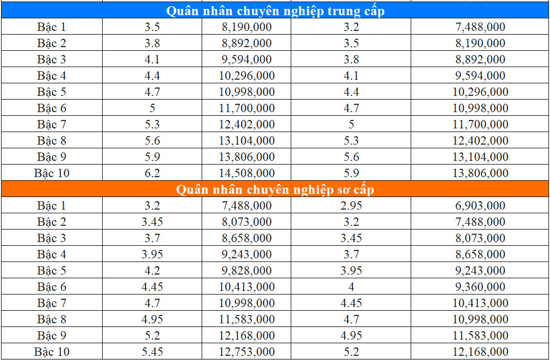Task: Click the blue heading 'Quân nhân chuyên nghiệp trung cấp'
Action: pos(275,11)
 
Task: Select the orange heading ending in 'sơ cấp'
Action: pos(275,190)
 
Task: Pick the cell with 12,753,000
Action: pos(247,352)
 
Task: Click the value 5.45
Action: pos(152,352)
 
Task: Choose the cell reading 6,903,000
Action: pos(480,206)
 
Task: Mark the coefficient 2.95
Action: pos(351,206)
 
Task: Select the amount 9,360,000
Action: pos(480,287)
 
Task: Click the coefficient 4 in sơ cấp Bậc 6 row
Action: pos(351,287)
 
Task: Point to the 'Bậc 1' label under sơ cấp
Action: pos(51,206)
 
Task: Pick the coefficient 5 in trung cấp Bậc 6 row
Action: pos(152,108)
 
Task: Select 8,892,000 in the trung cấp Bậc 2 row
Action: pos(247,43)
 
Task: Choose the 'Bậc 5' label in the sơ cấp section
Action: pos(51,271)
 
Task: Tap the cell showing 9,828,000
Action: pos(247,271)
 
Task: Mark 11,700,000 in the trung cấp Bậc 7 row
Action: pos(480,125)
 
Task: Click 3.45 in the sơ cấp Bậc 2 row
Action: pos(152,222)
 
